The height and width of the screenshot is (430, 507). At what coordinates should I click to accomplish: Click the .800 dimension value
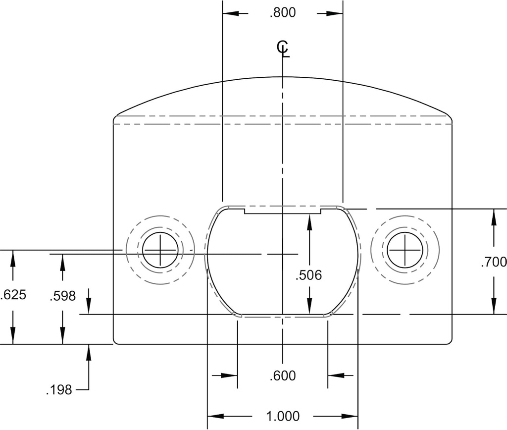(x=283, y=13)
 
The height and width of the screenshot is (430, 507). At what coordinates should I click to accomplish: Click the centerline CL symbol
(x=283, y=49)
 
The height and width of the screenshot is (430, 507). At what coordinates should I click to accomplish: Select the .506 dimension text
(x=308, y=275)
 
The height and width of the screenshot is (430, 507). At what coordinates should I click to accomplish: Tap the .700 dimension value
(x=493, y=262)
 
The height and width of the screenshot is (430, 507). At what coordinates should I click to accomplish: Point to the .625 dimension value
(x=13, y=295)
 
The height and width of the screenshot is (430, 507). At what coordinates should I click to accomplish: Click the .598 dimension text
(x=63, y=296)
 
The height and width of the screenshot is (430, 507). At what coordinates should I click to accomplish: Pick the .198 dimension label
(x=59, y=390)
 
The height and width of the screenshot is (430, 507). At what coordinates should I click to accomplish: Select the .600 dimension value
(x=283, y=376)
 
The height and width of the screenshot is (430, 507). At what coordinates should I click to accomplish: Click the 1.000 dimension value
(x=283, y=416)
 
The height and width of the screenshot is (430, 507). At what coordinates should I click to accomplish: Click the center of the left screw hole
(x=160, y=250)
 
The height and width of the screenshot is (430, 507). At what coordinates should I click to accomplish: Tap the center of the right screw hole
(x=405, y=250)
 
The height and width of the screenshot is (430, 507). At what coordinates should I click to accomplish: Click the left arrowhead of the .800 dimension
(x=228, y=13)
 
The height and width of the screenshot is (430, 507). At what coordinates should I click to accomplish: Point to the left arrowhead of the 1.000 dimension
(x=213, y=416)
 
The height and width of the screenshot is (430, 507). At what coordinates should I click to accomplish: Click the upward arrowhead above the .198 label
(x=89, y=350)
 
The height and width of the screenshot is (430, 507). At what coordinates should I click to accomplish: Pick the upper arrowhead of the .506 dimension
(x=309, y=221)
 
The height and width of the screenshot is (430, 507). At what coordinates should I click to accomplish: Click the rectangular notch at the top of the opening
(x=283, y=211)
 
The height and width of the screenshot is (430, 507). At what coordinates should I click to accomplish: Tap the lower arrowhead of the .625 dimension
(x=13, y=338)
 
